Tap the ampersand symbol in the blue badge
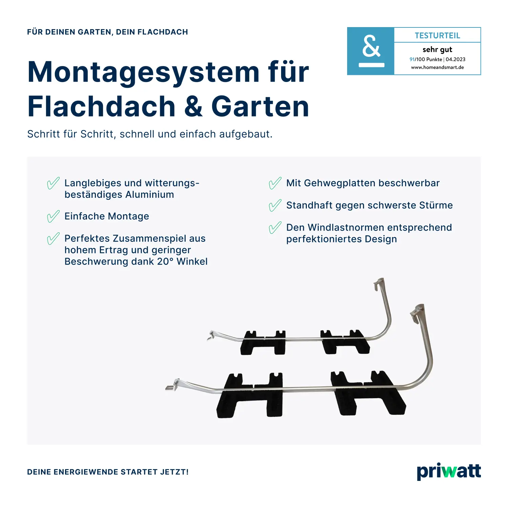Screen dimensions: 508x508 pos(371,47)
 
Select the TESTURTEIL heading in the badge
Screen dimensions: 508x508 pos(437,36)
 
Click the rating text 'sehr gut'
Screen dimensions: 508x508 pos(437,50)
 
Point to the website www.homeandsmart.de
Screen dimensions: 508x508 pos(437,67)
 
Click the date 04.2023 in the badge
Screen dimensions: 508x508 pos(456,60)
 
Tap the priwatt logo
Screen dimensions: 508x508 pos(449,471)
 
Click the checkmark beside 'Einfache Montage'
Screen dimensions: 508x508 pos(53,217)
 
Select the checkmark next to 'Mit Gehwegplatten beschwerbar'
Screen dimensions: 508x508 pos(275,183)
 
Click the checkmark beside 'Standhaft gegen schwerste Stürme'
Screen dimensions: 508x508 pos(275,206)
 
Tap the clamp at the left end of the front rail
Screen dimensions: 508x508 pos(172,386)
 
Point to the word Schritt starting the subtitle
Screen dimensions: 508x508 pos(43,134)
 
